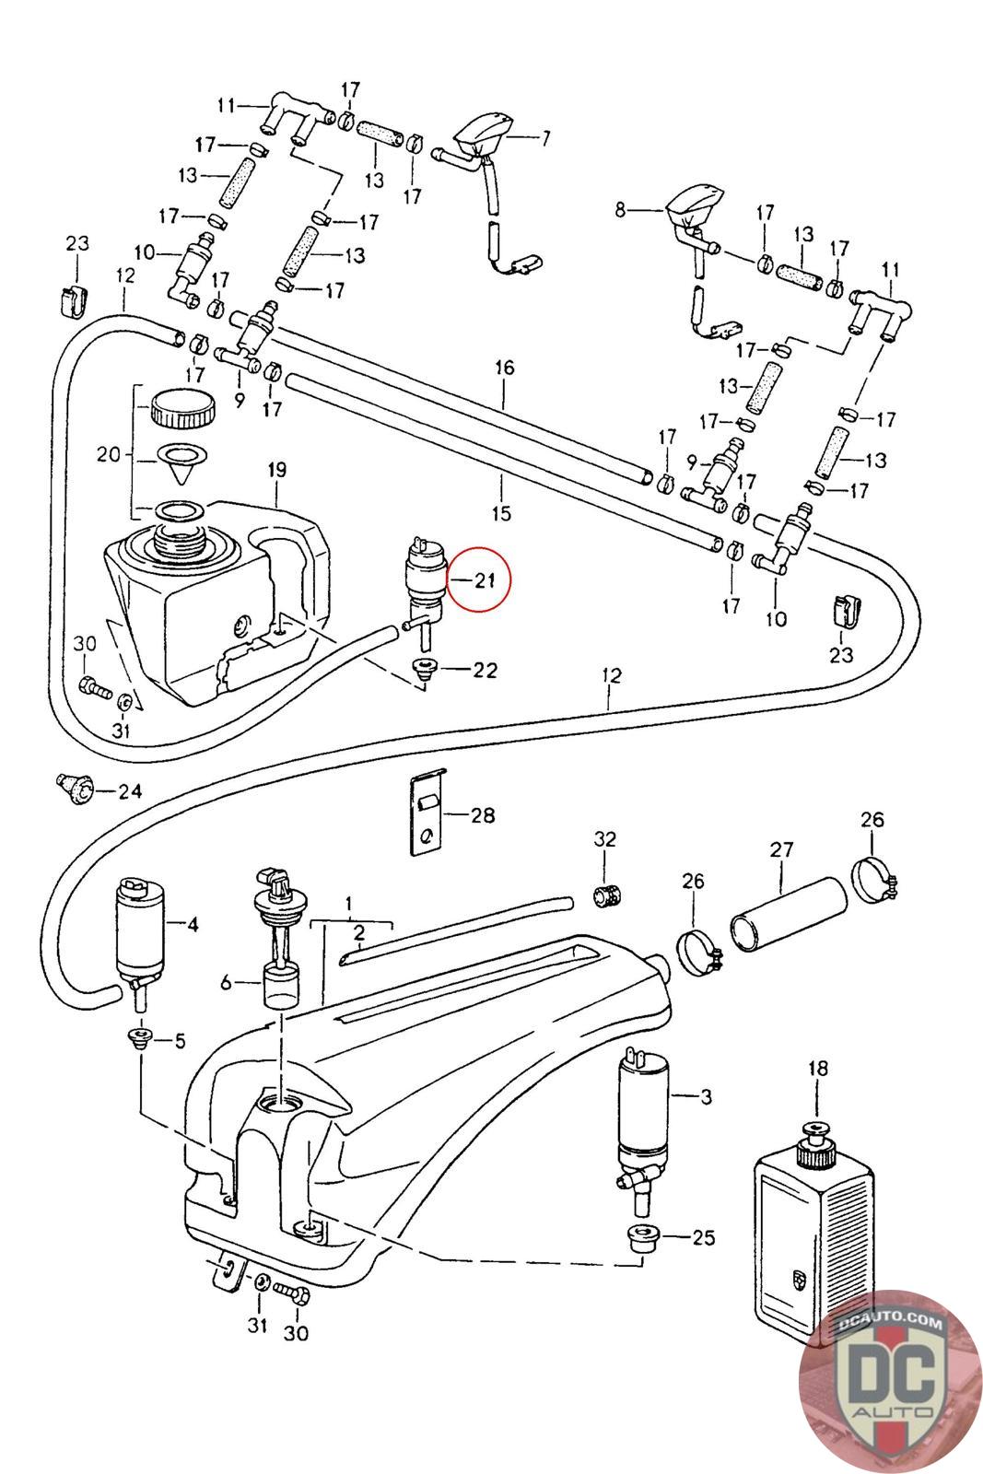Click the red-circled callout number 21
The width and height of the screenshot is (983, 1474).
(485, 580)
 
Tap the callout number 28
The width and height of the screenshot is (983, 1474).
(483, 815)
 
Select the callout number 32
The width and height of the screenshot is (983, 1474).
(604, 838)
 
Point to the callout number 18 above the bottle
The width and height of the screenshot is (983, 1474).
(818, 1068)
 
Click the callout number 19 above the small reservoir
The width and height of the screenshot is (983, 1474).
(277, 470)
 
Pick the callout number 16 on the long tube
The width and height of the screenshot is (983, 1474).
(504, 368)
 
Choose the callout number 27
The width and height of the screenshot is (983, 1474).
(781, 849)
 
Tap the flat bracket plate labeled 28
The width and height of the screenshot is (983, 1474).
(427, 812)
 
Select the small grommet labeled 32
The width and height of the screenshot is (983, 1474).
(608, 895)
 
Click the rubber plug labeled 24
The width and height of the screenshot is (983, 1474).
(75, 788)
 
